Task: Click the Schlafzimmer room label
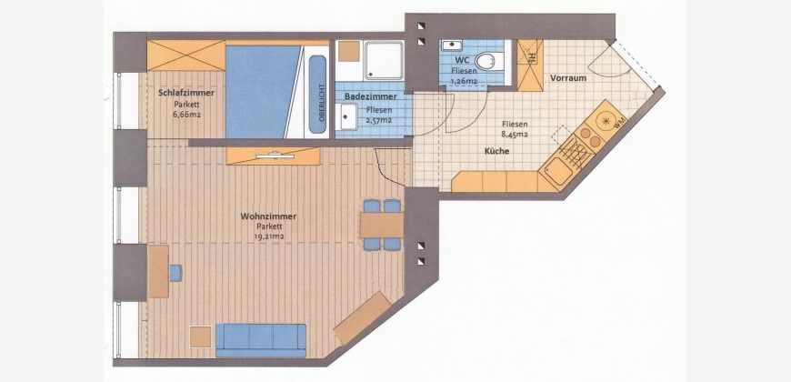coord(186,93)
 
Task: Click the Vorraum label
coord(568,78)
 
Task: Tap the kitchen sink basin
coord(558,172)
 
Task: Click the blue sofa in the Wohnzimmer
coord(261,340)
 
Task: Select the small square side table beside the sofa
coord(200,337)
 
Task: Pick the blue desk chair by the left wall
coord(175,273)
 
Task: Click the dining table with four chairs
coord(382,225)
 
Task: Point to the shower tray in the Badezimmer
coord(385,60)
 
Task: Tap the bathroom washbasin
coord(348,116)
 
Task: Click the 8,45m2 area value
coord(515,135)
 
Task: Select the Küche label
coord(497,151)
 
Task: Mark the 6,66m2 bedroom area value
coord(186,114)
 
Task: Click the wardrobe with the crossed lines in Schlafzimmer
coord(186,55)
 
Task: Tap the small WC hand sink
coord(452,45)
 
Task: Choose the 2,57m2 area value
coord(378,120)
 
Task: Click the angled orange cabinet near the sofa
coord(362,318)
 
